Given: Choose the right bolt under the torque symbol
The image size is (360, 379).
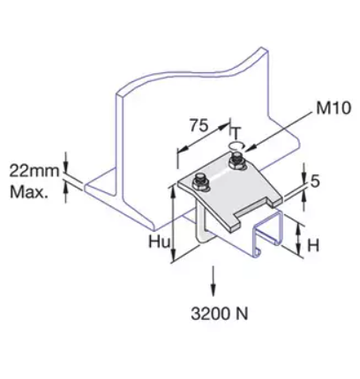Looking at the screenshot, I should click(x=236, y=164).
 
